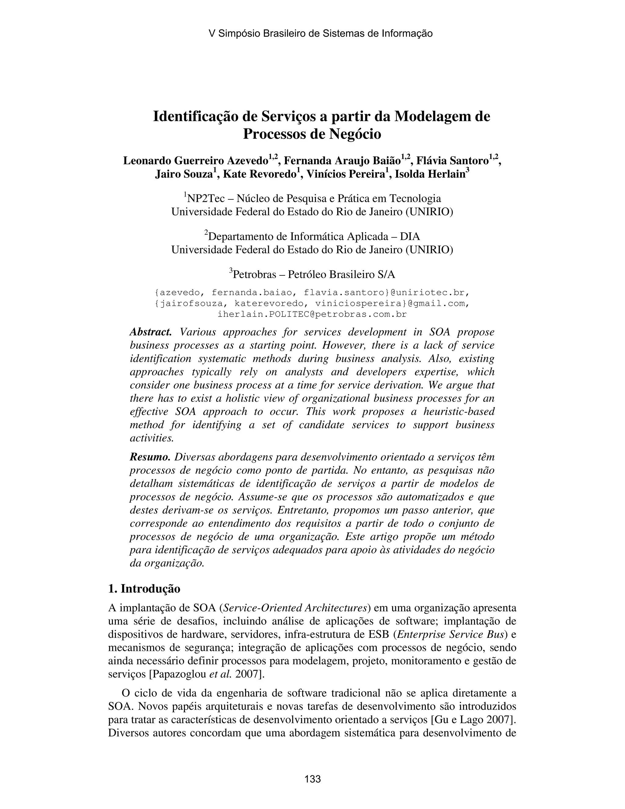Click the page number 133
[312, 779]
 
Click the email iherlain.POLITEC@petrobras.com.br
[312, 314]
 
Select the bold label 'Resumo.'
[150, 457]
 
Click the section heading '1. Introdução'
[144, 589]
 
